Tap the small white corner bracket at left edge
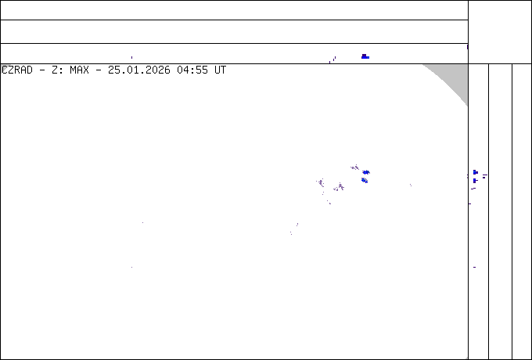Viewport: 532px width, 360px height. (x=5, y=69)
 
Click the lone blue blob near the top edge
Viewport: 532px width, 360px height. (x=365, y=56)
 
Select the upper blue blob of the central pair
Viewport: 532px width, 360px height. (x=366, y=172)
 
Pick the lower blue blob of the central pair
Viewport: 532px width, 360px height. (x=365, y=180)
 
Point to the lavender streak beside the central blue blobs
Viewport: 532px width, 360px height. (x=354, y=167)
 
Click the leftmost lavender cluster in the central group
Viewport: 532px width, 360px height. (x=321, y=182)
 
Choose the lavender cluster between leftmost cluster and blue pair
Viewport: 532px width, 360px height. (x=340, y=187)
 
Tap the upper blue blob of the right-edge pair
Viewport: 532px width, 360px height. (x=475, y=172)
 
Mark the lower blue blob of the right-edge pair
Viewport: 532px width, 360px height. (x=475, y=181)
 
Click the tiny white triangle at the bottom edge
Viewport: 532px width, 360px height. (x=466, y=358)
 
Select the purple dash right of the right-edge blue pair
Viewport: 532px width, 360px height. (x=484, y=176)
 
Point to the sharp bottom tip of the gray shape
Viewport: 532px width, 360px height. (x=467, y=105)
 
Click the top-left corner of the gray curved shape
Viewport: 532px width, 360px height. (x=423, y=65)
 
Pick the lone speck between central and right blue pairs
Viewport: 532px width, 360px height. (x=410, y=185)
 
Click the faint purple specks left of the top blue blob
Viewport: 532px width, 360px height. (x=334, y=58)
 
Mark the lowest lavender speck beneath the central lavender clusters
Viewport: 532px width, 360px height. (x=329, y=203)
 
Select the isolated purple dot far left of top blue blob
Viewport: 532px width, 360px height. (x=131, y=57)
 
